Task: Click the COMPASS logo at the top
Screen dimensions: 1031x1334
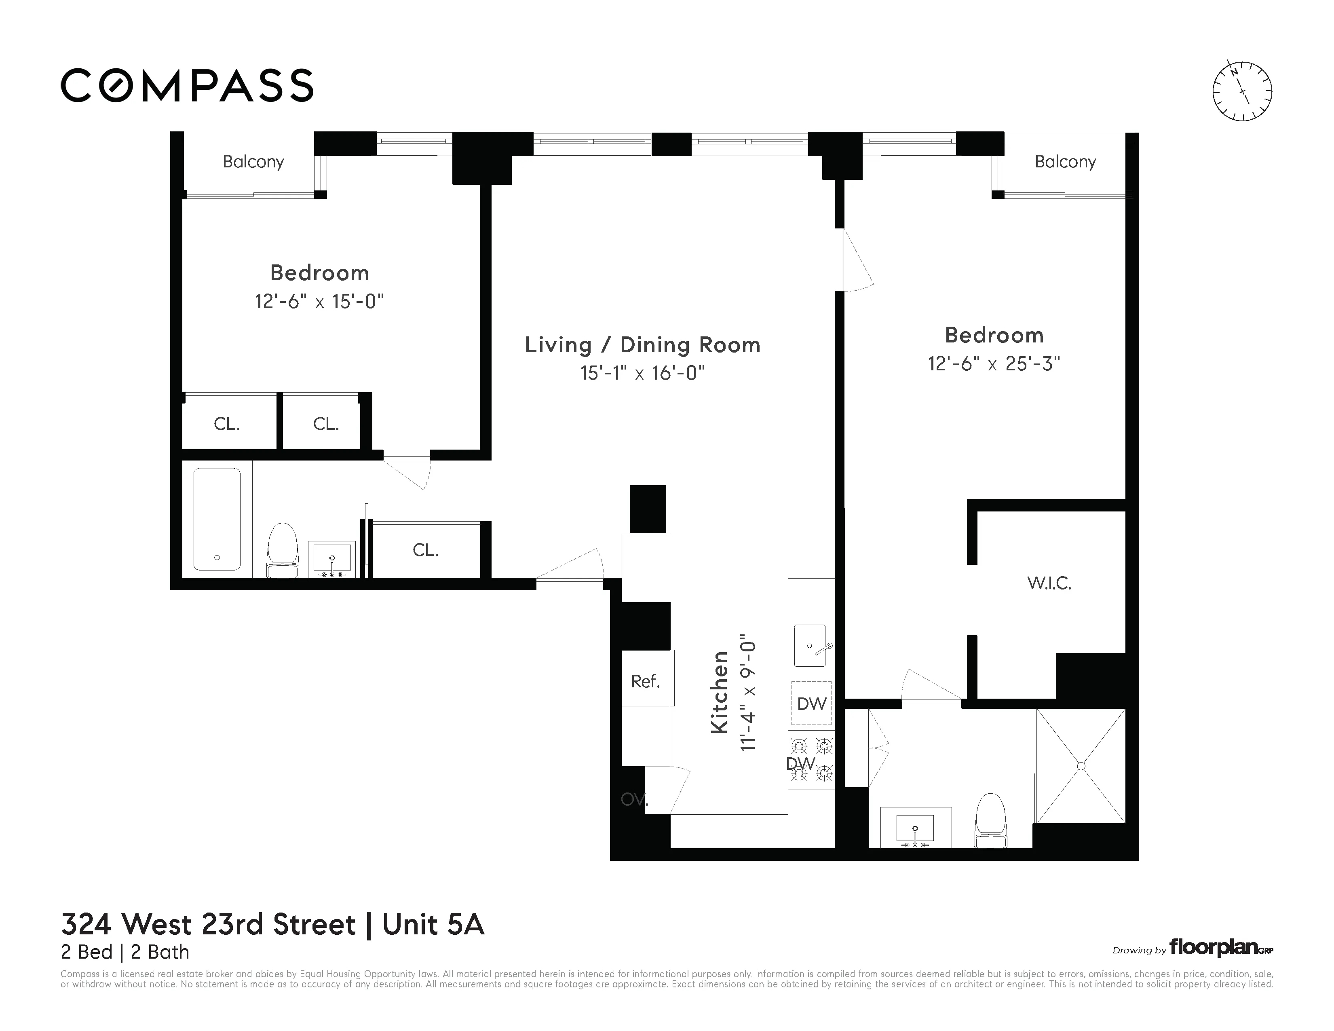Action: click(187, 85)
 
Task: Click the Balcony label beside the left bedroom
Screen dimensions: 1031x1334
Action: click(253, 162)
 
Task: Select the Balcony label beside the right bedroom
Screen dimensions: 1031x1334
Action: click(1065, 162)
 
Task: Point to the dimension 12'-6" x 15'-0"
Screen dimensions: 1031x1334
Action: click(319, 302)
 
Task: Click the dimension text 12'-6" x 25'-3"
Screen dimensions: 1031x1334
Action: click(994, 364)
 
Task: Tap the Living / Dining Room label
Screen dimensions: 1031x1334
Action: click(643, 345)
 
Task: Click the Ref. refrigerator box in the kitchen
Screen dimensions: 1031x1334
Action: click(646, 681)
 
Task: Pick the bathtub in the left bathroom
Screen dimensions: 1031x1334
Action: click(217, 519)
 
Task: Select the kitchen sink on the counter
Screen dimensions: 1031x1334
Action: click(810, 646)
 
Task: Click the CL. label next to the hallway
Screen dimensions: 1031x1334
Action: click(425, 550)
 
